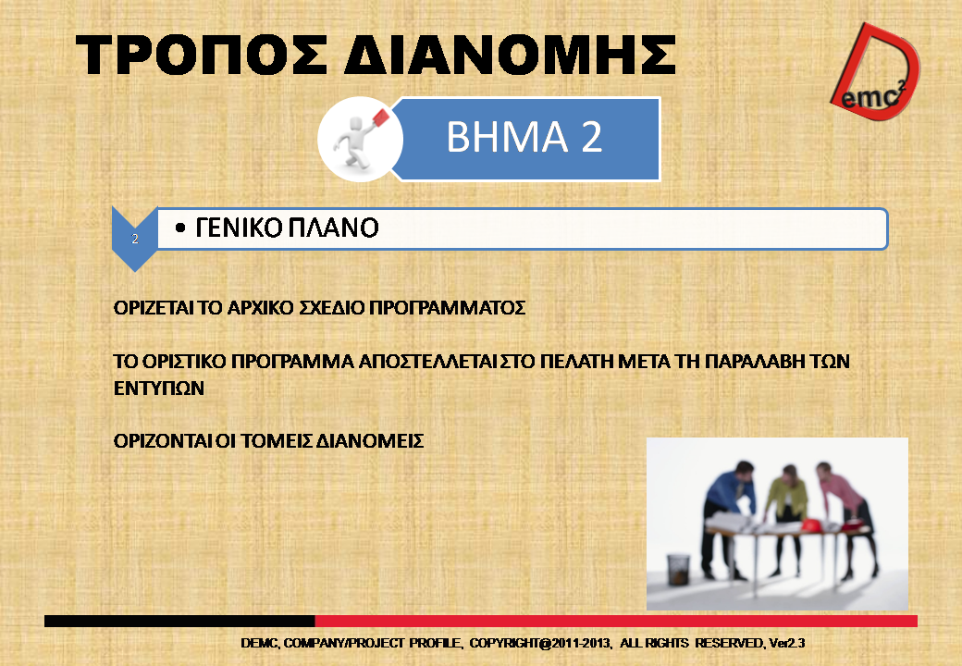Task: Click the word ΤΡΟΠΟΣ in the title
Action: [x=202, y=55]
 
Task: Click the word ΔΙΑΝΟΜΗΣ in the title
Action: [x=510, y=55]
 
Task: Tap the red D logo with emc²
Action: [x=876, y=71]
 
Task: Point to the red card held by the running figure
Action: [x=381, y=117]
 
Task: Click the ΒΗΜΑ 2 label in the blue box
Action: [x=524, y=137]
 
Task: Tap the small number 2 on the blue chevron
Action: [x=135, y=240]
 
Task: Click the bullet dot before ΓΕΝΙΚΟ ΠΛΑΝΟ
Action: [x=179, y=228]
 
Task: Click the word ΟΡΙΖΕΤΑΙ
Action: [x=154, y=308]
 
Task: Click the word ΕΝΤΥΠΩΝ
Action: [x=159, y=388]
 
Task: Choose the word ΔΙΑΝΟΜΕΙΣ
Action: [x=369, y=441]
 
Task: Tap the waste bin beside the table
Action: [x=678, y=569]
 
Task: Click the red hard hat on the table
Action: [x=811, y=525]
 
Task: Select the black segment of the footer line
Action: [x=179, y=622]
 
